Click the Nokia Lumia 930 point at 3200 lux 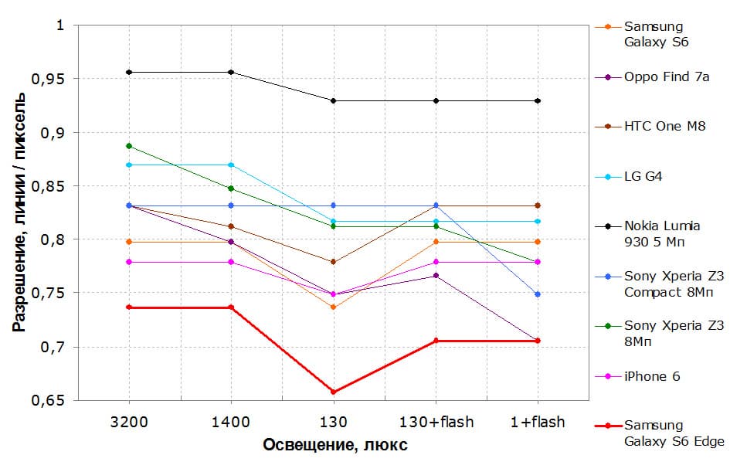(x=129, y=73)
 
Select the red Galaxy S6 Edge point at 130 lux (x=334, y=392)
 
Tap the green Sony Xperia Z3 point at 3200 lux (x=129, y=146)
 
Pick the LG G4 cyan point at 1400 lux (x=231, y=165)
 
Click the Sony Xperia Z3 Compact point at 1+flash (x=538, y=294)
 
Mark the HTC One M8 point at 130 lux (x=334, y=262)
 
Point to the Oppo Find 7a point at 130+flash (x=436, y=276)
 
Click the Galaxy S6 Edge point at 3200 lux (x=129, y=307)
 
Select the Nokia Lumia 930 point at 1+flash (x=538, y=101)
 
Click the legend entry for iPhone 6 (x=652, y=377)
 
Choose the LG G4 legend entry (x=643, y=177)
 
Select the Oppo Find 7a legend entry (x=667, y=76)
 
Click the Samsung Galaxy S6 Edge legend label (x=674, y=433)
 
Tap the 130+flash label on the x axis (x=436, y=423)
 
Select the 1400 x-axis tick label (x=231, y=423)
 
